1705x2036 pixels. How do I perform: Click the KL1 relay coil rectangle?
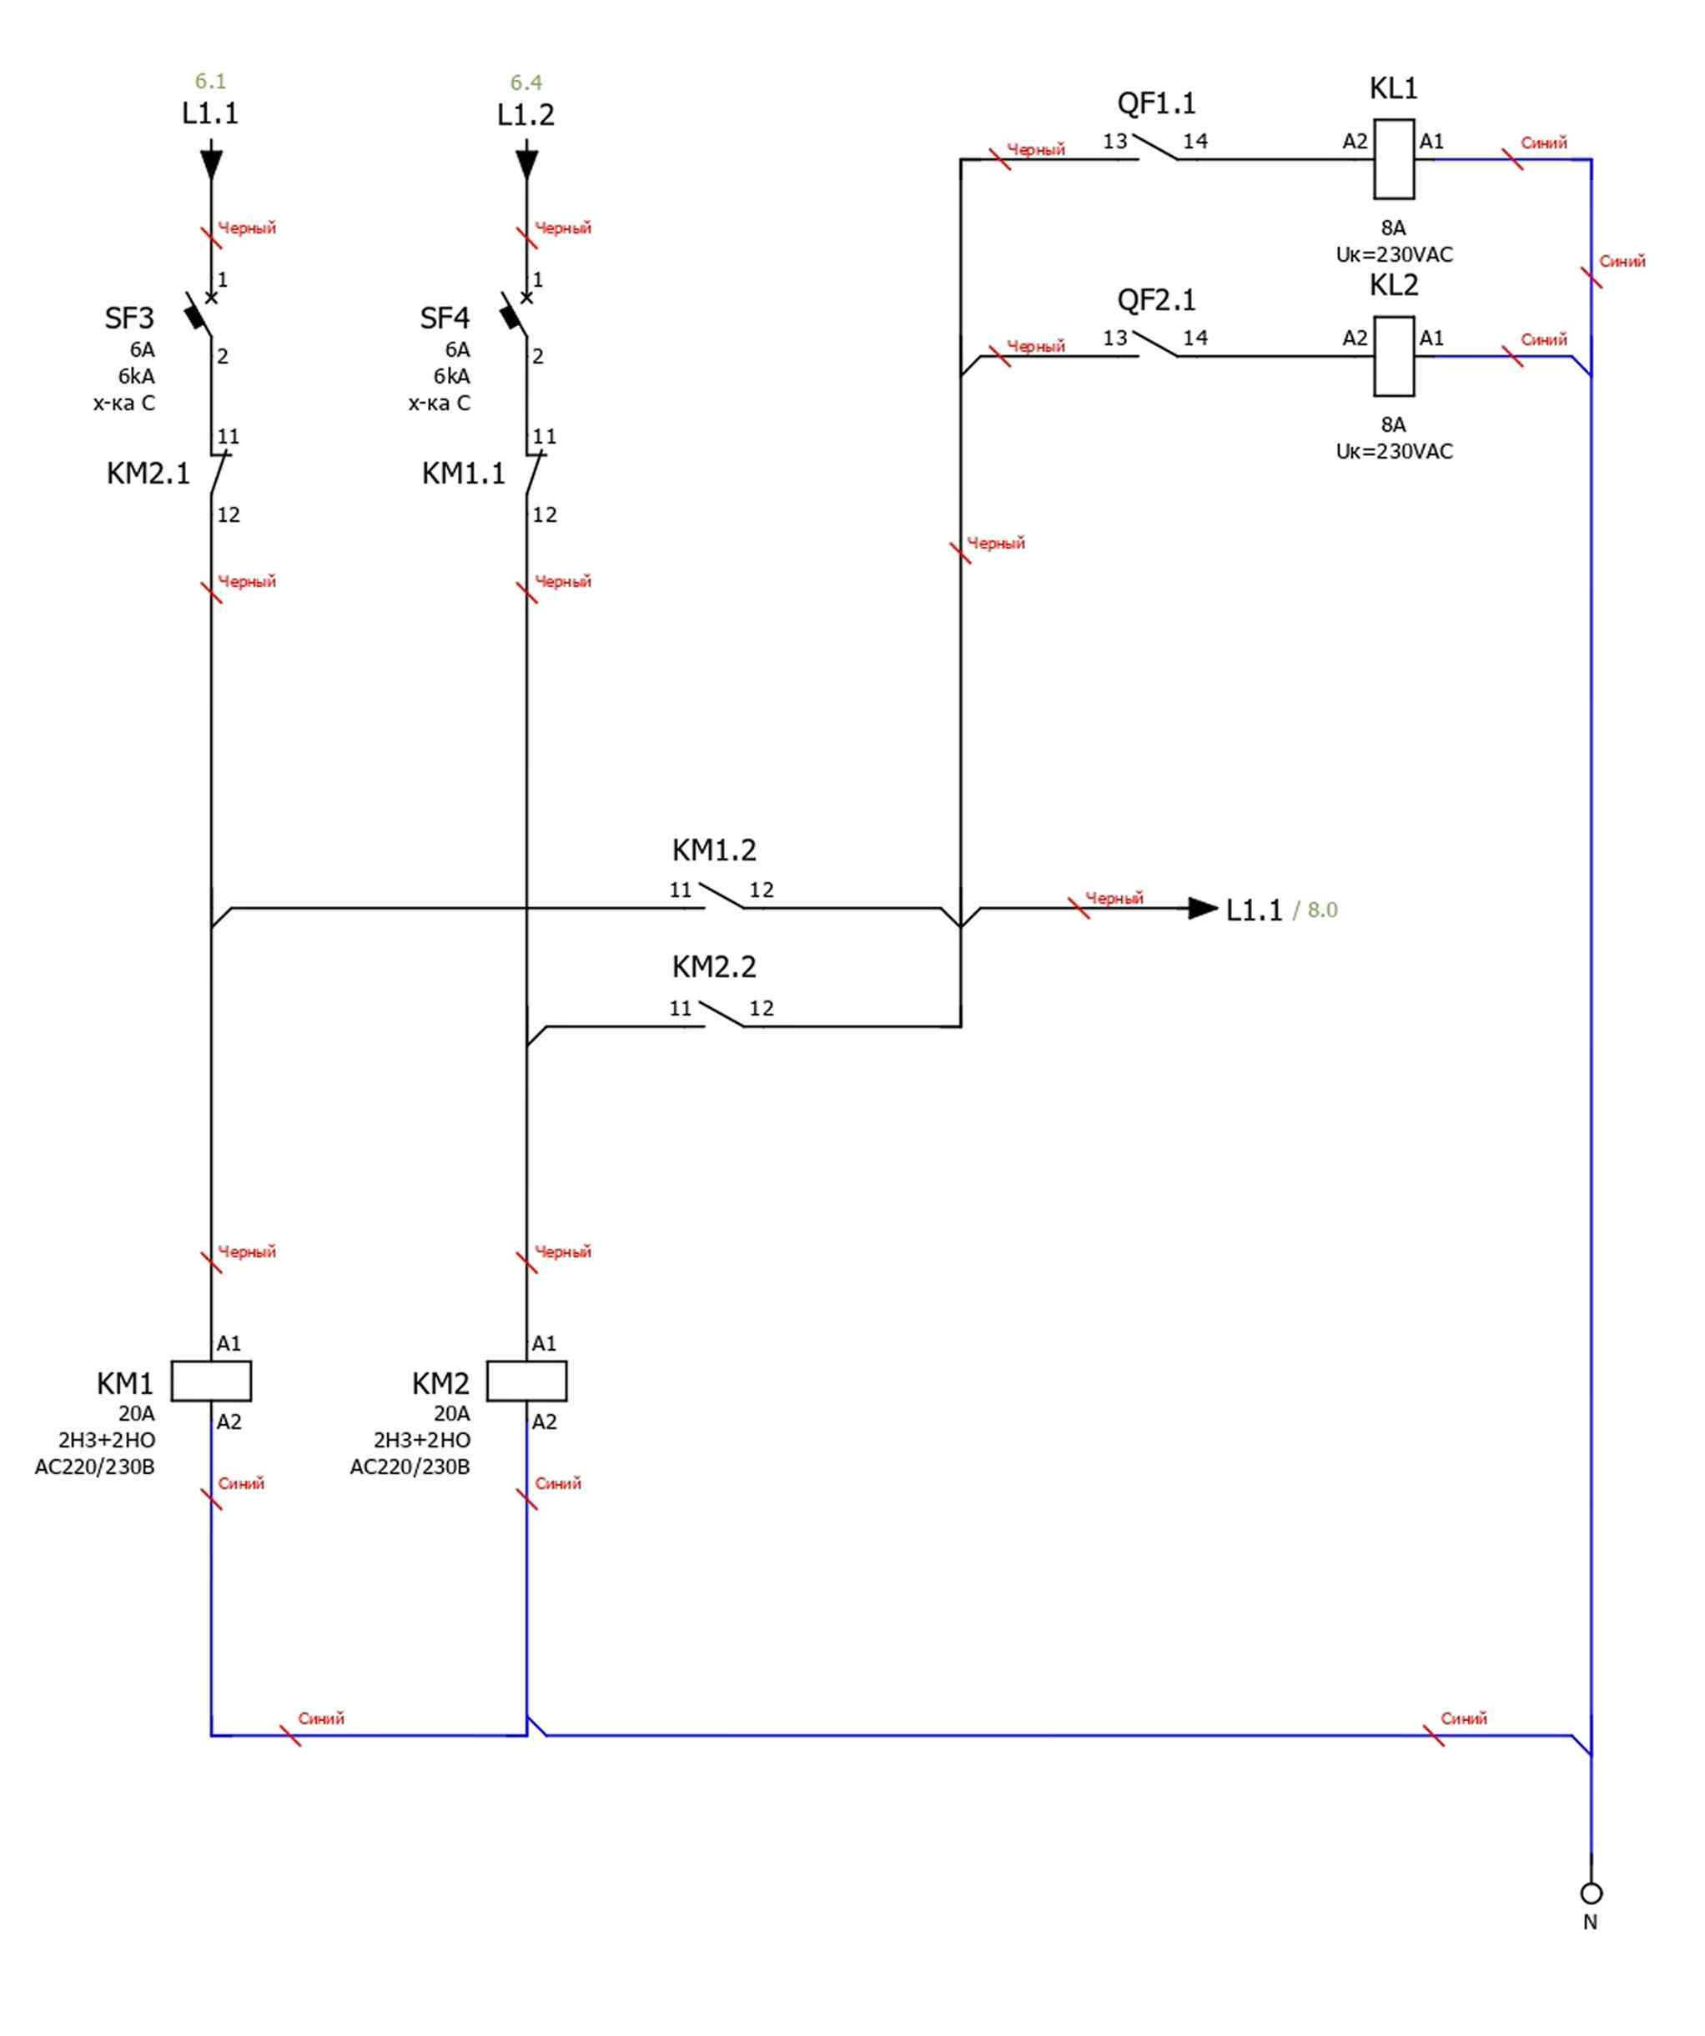coord(1394,159)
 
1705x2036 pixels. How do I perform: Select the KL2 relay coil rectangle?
coord(1394,356)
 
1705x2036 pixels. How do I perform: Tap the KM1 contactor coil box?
coord(211,1381)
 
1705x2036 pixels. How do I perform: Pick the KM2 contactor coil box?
coord(526,1381)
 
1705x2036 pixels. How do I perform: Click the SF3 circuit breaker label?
coord(129,318)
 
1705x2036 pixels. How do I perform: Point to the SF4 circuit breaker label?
coord(445,318)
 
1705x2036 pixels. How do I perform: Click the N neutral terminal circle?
coord(1591,1893)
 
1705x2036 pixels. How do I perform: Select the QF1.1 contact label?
coord(1156,103)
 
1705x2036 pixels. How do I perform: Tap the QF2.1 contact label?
coord(1156,299)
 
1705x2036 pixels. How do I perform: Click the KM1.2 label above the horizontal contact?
coord(714,850)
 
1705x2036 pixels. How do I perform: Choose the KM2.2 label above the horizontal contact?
coord(714,966)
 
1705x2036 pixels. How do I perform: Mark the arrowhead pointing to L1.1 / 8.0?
coord(1203,909)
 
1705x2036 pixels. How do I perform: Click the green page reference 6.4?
coord(526,83)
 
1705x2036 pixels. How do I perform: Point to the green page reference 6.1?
coord(210,82)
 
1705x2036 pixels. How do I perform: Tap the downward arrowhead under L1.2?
coord(526,163)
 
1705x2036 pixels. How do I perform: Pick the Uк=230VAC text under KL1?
coord(1394,255)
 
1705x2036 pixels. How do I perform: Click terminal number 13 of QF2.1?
coord(1114,338)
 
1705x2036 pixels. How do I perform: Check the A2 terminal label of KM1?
coord(229,1422)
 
